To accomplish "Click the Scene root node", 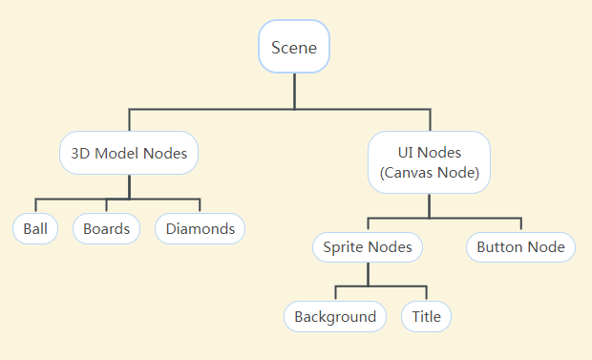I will (294, 47).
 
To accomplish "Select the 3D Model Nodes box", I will (129, 153).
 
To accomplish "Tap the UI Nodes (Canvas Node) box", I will (430, 162).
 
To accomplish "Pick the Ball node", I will (35, 229).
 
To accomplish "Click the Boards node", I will (106, 229).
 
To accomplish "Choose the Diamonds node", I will (200, 229).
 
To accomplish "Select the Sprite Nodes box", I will (368, 247).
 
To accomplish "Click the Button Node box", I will (521, 247).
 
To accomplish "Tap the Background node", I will (335, 317).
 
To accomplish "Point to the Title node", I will (426, 317).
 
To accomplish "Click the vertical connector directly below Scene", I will (294, 91).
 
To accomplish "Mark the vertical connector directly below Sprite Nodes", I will (368, 274).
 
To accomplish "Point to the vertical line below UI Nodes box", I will (430, 205).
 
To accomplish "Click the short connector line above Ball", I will (35, 206).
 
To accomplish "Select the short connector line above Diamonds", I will (200, 206).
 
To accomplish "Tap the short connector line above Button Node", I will (521, 224).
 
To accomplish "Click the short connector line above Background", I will (335, 294).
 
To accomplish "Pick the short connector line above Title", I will (426, 294).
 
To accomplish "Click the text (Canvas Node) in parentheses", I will (430, 174).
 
